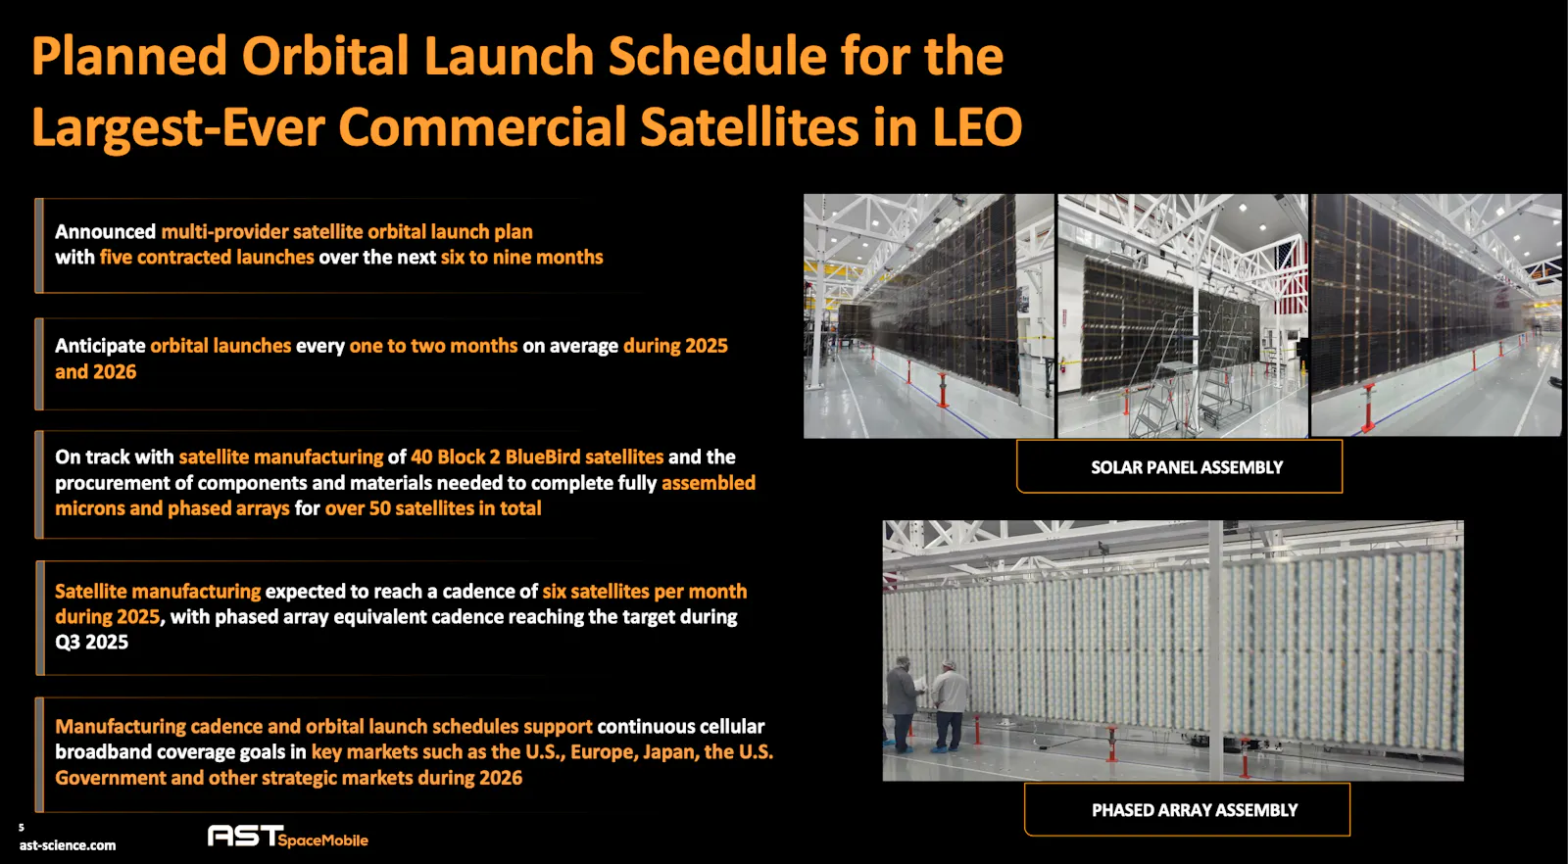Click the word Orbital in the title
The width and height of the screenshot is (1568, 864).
(x=325, y=56)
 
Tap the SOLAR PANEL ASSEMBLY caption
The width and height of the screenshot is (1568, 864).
(x=1187, y=467)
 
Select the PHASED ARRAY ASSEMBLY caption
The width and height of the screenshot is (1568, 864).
(x=1195, y=810)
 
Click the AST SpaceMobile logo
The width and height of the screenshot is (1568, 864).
(x=288, y=837)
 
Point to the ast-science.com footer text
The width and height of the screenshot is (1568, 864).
(x=68, y=845)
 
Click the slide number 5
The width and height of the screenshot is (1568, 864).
(x=21, y=828)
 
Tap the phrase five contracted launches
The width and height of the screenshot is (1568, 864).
(x=207, y=258)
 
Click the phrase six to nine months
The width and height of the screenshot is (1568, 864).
(x=521, y=258)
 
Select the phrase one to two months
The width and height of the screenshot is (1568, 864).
(x=433, y=347)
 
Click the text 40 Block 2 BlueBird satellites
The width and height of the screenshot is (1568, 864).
(x=537, y=457)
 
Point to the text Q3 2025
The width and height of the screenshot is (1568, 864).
(x=92, y=643)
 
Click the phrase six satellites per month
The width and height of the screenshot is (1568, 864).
(x=645, y=592)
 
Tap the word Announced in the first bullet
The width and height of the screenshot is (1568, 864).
(x=105, y=231)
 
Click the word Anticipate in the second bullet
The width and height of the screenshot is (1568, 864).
(x=100, y=347)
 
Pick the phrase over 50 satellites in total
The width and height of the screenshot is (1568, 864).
(x=432, y=508)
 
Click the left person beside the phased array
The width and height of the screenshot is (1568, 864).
(x=903, y=703)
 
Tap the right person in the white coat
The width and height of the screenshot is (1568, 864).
(x=950, y=705)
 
